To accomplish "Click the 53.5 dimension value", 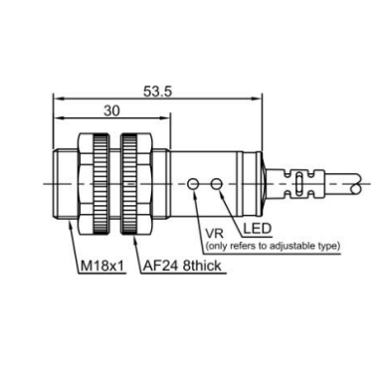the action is coord(157,92).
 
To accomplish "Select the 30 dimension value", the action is coord(111,110).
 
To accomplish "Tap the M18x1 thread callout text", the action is coord(102,266).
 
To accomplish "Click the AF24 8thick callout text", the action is coord(182,266).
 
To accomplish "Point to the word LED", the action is coord(258,229).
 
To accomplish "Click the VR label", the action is coord(215,234).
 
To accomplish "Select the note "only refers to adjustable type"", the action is coord(273,246).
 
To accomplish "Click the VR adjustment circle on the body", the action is coord(193,183).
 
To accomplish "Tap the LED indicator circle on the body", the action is coord(217,183).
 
